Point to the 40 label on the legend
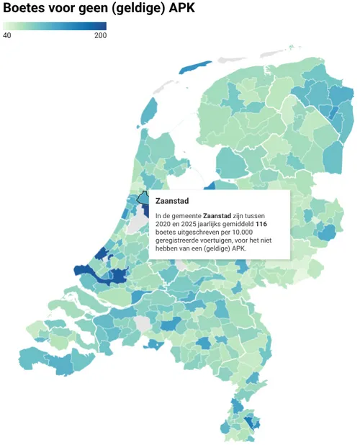click(6, 35)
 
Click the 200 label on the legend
click(100, 35)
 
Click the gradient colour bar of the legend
click(54, 26)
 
